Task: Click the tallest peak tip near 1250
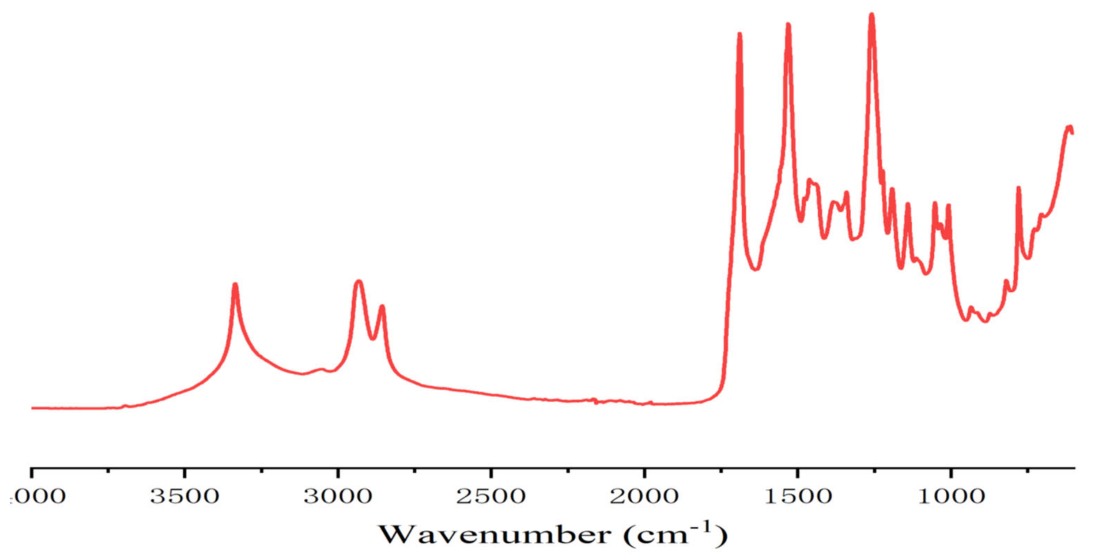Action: [872, 15]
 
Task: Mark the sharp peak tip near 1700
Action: [739, 34]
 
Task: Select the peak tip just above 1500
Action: [788, 25]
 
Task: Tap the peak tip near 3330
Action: [235, 284]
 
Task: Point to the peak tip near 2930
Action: [359, 281]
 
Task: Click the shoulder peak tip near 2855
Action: [382, 306]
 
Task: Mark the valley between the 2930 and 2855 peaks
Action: [373, 338]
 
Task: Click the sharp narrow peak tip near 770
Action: [1019, 188]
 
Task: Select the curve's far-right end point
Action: [1072, 133]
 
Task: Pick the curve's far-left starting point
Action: [32, 408]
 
